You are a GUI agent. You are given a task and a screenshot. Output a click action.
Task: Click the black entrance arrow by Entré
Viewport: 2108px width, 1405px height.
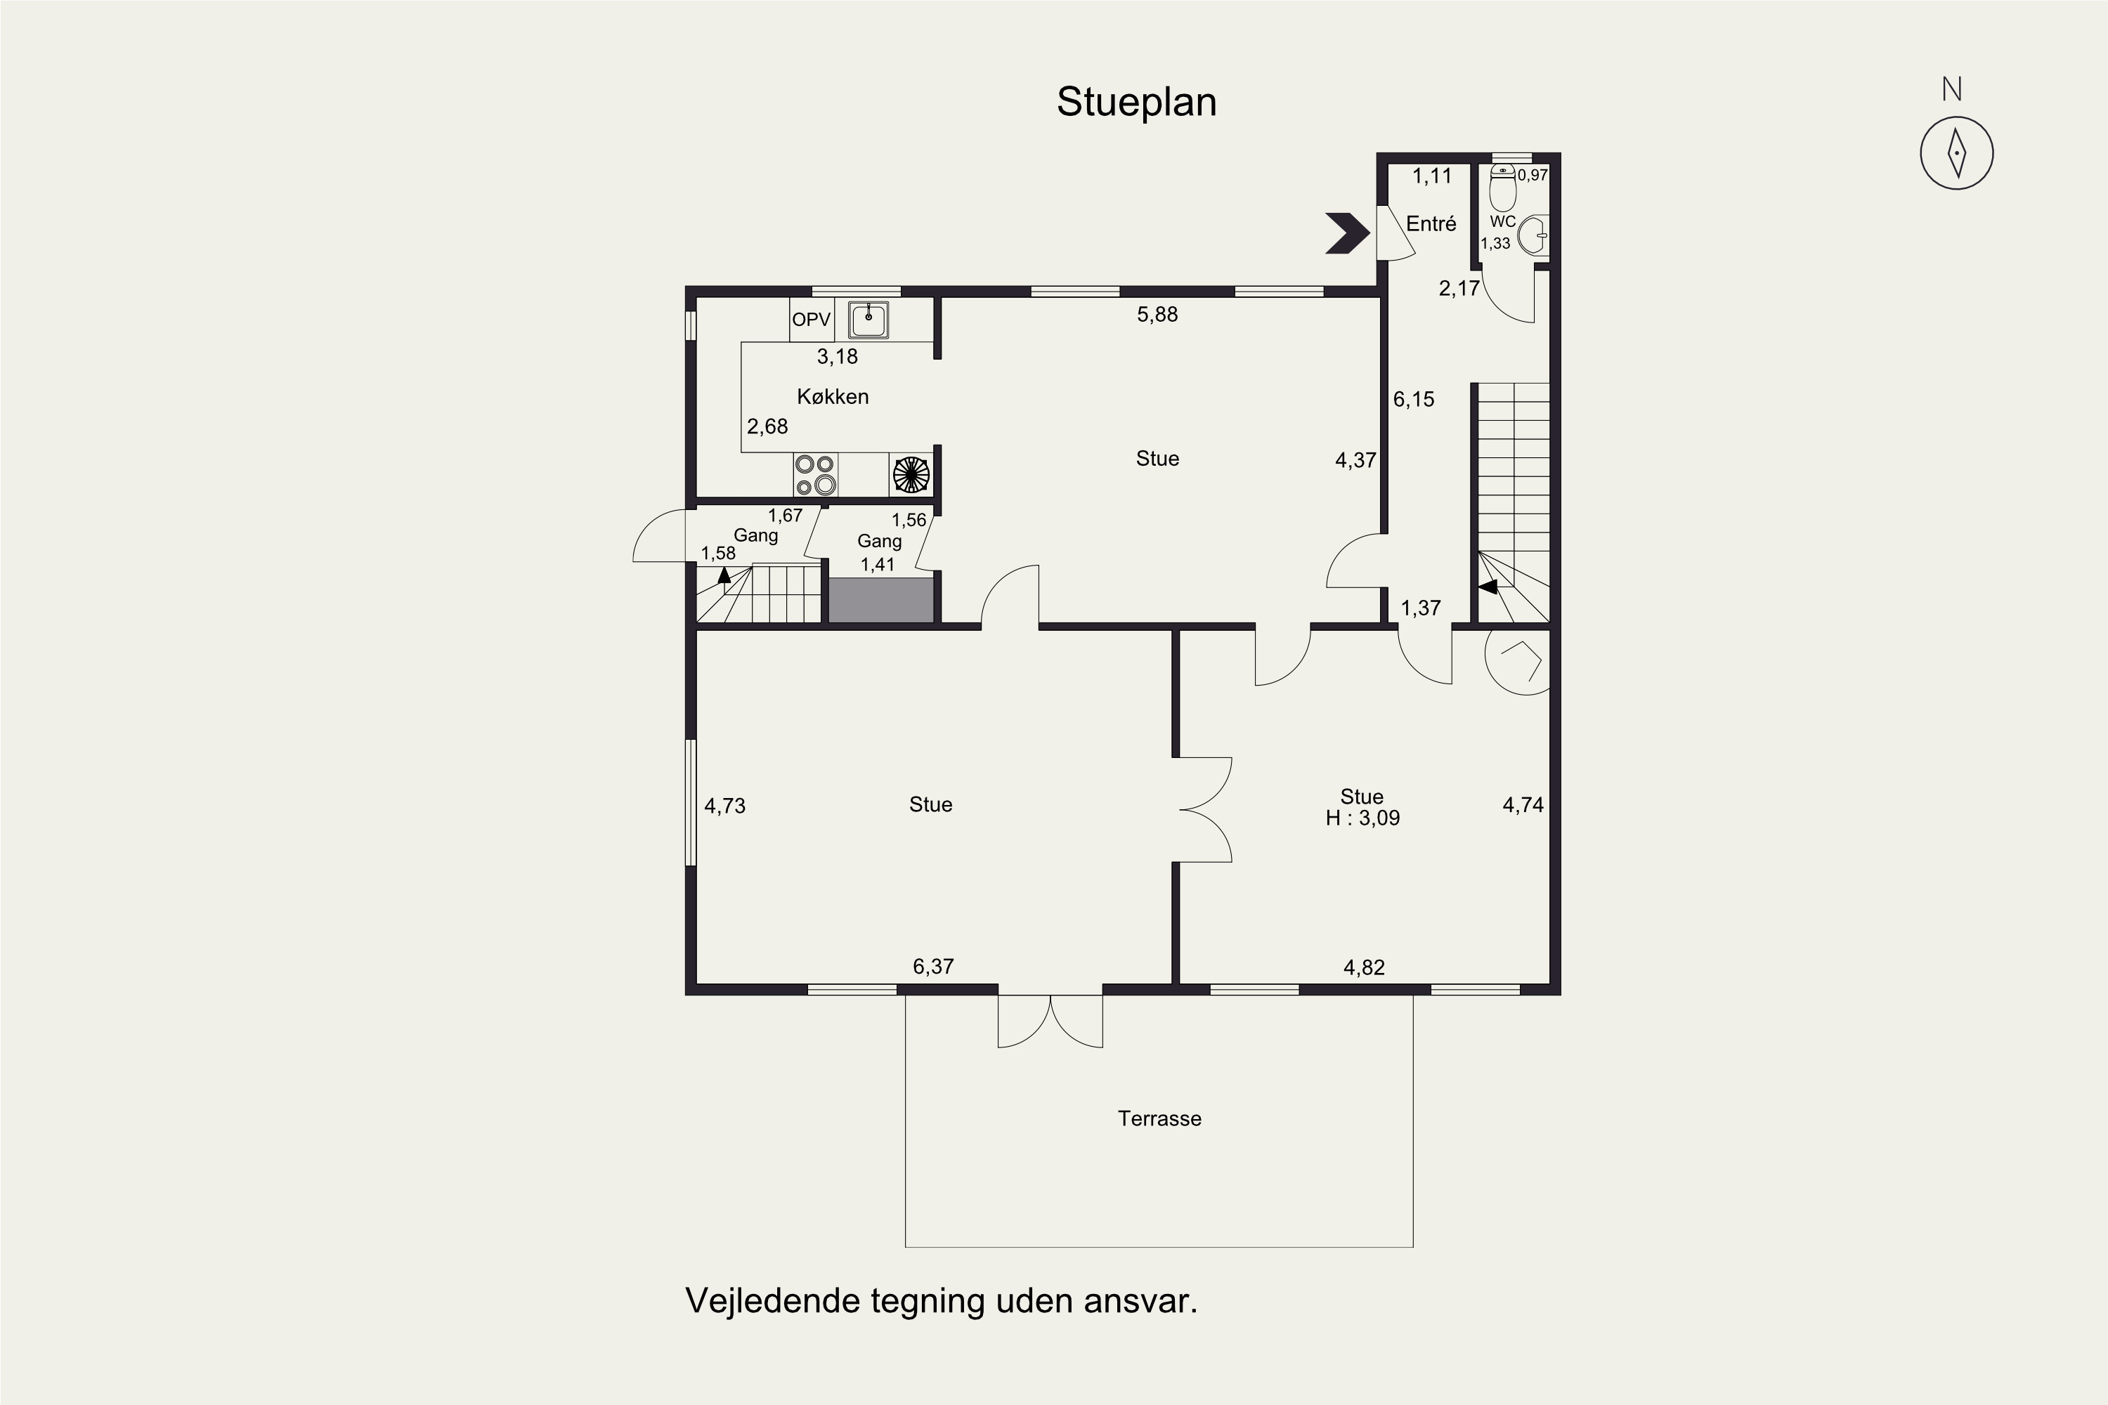1347,234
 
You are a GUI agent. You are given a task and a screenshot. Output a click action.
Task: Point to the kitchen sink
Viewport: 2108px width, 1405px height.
868,320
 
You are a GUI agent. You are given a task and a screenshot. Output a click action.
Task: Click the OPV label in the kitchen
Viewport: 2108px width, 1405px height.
811,320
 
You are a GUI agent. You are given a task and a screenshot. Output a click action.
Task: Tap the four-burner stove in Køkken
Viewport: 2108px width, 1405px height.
814,475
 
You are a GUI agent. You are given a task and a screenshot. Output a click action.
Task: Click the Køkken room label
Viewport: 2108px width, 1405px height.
833,397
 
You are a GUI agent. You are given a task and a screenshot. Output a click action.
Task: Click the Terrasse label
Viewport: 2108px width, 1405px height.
1159,1118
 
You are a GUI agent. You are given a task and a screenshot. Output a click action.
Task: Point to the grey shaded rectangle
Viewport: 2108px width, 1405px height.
881,599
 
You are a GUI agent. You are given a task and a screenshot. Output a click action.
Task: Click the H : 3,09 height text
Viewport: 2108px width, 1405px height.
1362,818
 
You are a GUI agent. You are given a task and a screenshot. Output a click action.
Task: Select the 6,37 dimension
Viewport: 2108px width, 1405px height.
933,966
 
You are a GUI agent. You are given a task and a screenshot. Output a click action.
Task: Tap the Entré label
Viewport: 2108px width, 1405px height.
1431,224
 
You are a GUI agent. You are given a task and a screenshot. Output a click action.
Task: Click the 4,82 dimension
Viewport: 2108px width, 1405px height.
1363,967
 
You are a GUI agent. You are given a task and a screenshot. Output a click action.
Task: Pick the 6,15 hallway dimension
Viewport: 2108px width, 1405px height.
1413,400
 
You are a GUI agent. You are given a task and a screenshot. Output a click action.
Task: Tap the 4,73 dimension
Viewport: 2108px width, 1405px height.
724,806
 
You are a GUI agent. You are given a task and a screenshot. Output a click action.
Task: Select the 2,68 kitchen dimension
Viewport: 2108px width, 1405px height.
767,426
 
